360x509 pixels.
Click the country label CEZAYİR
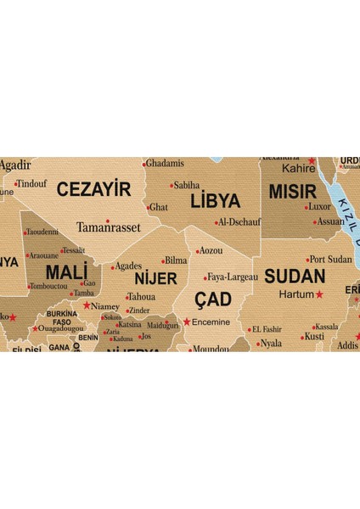93,189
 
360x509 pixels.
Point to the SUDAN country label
295,276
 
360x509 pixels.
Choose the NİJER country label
155,278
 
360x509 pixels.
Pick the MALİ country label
65,272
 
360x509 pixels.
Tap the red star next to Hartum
319,294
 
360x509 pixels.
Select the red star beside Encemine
187,322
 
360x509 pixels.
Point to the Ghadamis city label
165,163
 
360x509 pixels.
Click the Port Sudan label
330,259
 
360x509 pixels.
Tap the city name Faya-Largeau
233,277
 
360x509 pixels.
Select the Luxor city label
319,206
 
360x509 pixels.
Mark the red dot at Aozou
198,251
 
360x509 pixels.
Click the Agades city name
128,266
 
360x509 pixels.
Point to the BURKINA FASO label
61,318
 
